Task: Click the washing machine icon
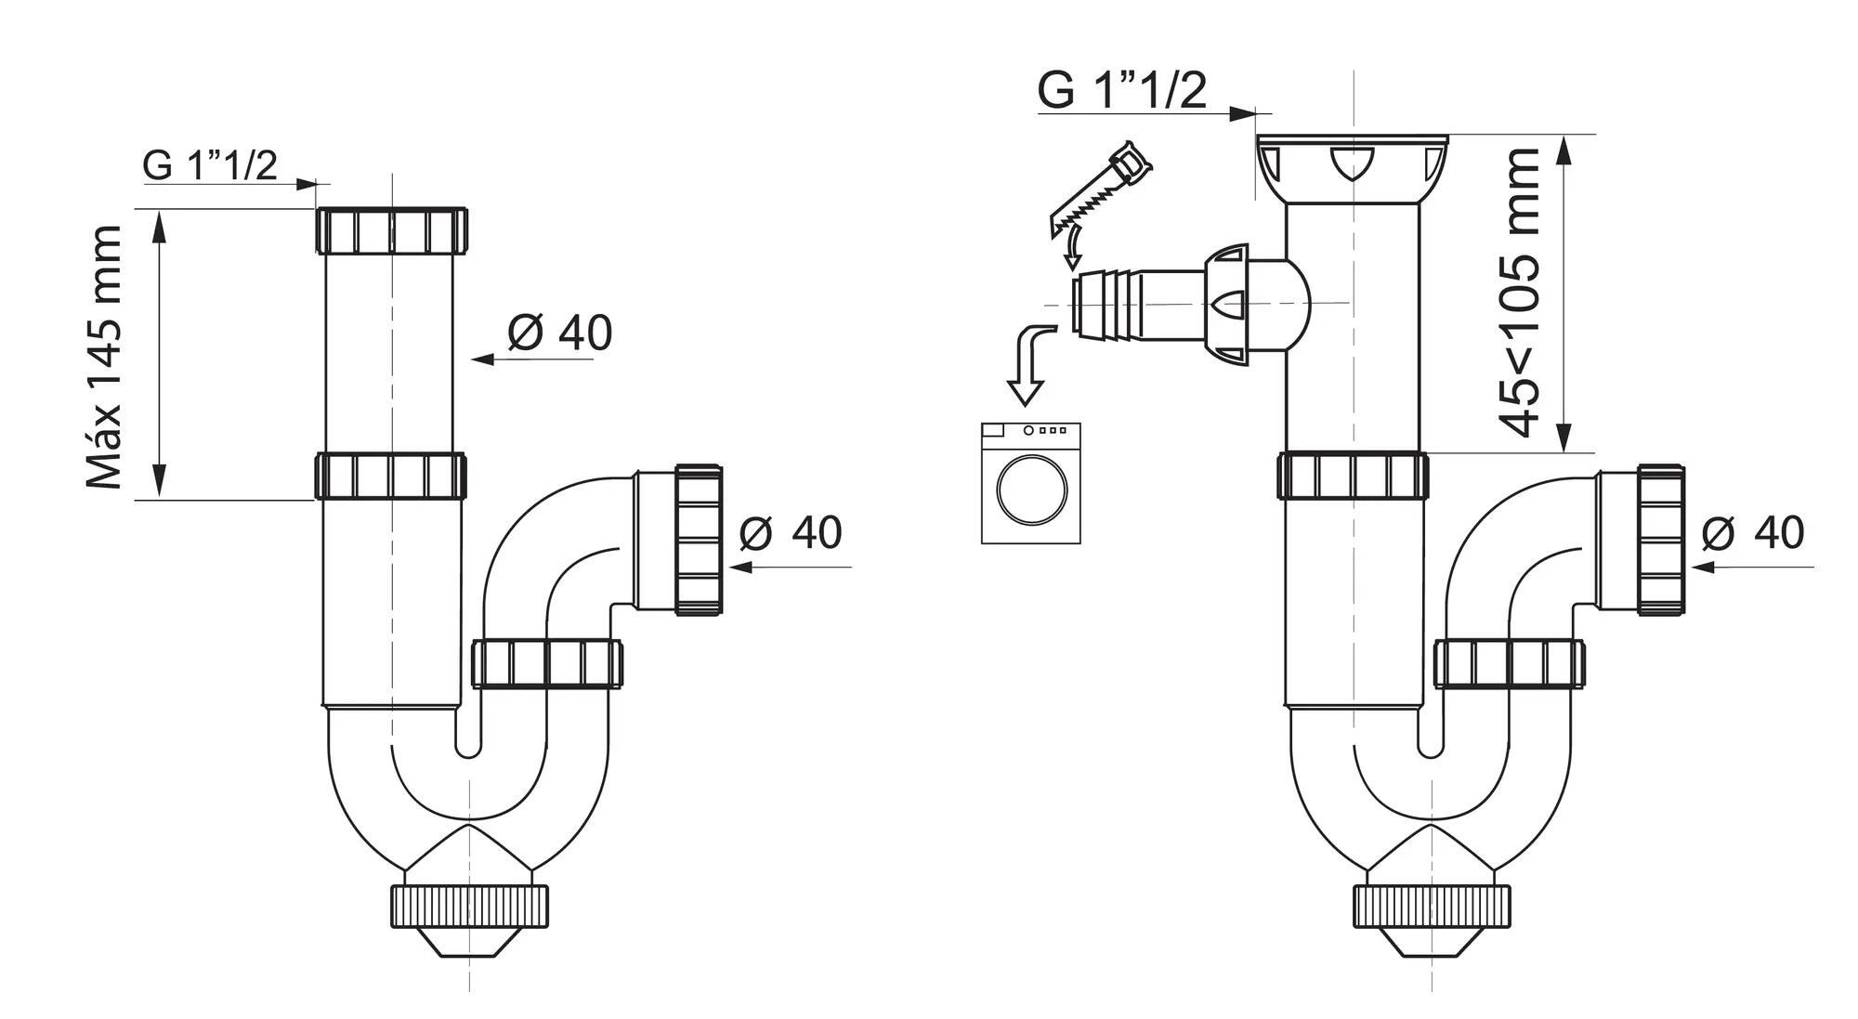[x=1031, y=483]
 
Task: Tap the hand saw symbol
[x=1101, y=190]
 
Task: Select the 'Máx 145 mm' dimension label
[x=104, y=357]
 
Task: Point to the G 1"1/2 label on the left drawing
[x=210, y=165]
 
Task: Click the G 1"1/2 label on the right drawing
[x=1122, y=90]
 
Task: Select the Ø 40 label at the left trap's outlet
[x=791, y=532]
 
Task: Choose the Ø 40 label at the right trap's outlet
[x=1753, y=532]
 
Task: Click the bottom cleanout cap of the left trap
[x=468, y=907]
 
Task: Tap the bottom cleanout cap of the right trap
[x=1431, y=907]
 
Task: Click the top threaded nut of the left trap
[x=392, y=229]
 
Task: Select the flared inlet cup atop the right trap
[x=1352, y=167]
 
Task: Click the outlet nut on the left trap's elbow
[x=699, y=540]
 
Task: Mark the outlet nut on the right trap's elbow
[x=1661, y=540]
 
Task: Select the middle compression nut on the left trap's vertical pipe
[x=390, y=476]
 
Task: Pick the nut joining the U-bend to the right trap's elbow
[x=1510, y=663]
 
